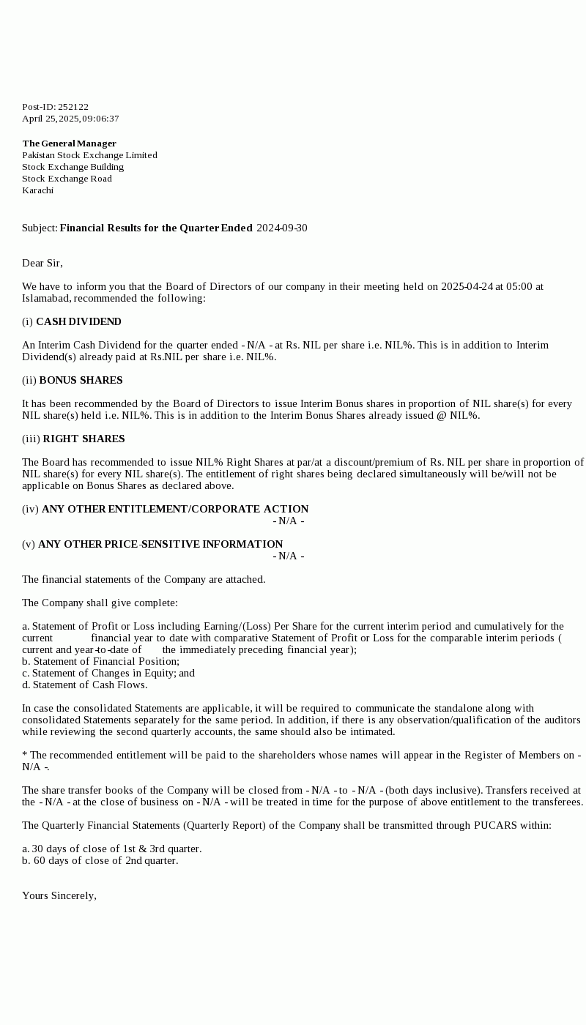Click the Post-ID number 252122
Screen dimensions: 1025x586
[73, 107]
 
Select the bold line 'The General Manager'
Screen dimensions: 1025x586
[69, 143]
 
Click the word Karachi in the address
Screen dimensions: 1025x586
[37, 190]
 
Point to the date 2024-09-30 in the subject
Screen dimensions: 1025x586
[282, 228]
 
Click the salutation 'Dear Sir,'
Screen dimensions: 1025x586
[42, 264]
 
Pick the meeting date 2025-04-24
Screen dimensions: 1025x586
[467, 287]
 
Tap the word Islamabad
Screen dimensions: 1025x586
[46, 299]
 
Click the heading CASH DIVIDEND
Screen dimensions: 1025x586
[78, 322]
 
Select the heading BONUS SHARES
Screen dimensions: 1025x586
[81, 381]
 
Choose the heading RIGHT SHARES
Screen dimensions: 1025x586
[84, 439]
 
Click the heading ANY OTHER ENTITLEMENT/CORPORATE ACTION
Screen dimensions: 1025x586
[175, 510]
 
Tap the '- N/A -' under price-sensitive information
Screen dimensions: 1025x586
[289, 556]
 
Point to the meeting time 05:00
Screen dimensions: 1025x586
[519, 287]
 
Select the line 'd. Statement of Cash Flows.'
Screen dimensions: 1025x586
[84, 685]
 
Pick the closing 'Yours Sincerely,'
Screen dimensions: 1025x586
[59, 896]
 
